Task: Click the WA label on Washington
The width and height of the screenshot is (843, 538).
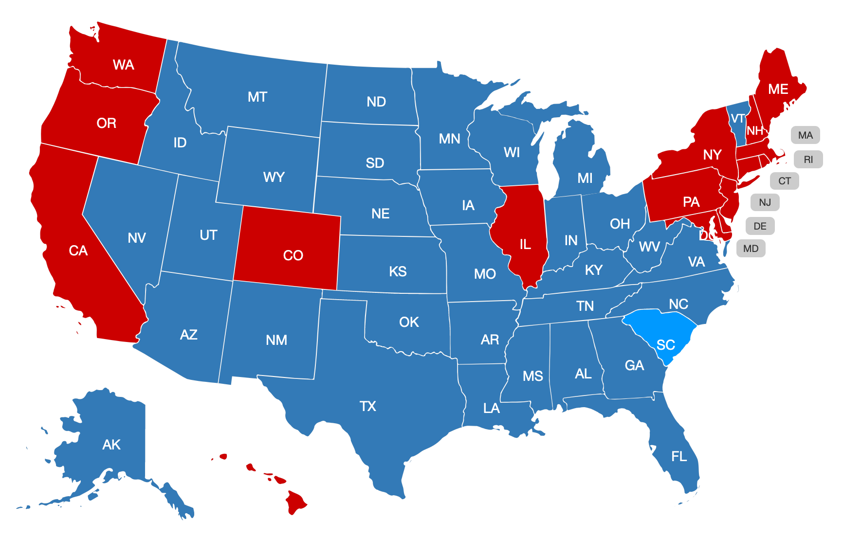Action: [x=123, y=65]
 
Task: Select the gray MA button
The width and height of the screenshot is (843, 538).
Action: [x=805, y=135]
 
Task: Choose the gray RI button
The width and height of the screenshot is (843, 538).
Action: [x=808, y=160]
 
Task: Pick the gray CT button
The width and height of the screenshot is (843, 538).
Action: [x=784, y=181]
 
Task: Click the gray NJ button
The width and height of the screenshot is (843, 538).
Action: [x=765, y=202]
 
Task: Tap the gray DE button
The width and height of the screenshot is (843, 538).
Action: [x=760, y=226]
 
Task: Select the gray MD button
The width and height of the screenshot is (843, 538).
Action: [x=751, y=249]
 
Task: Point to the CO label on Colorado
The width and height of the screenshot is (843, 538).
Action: [x=293, y=255]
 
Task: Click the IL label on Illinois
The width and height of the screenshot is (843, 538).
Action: [x=525, y=244]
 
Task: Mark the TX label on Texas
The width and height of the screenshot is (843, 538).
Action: [x=368, y=406]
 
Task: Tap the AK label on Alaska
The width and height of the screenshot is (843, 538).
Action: [x=111, y=445]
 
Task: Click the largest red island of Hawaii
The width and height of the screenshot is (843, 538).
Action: [x=295, y=502]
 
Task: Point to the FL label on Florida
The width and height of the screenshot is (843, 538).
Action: [x=679, y=456]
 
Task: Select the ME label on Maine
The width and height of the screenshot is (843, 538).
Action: [x=778, y=90]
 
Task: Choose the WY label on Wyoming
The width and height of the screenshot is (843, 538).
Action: [x=274, y=177]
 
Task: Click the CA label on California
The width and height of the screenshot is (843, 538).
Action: [x=78, y=251]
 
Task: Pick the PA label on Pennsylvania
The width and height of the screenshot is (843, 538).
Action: [x=691, y=202]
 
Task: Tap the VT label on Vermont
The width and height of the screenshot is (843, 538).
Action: [x=738, y=119]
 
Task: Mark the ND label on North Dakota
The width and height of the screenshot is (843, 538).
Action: [x=376, y=102]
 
